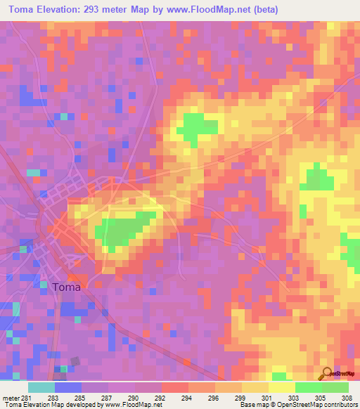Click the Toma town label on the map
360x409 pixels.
pyautogui.click(x=66, y=287)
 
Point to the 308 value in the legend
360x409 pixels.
pyautogui.click(x=347, y=398)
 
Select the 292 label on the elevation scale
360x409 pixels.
pyautogui.click(x=161, y=398)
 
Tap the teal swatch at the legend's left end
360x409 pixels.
pyautogui.click(x=41, y=387)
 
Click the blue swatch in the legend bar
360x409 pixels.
pyautogui.click(x=67, y=387)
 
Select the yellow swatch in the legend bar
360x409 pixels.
pyautogui.click(x=281, y=387)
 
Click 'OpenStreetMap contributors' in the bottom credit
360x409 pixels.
pyautogui.click(x=317, y=405)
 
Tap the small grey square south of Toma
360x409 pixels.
pyautogui.click(x=75, y=361)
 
